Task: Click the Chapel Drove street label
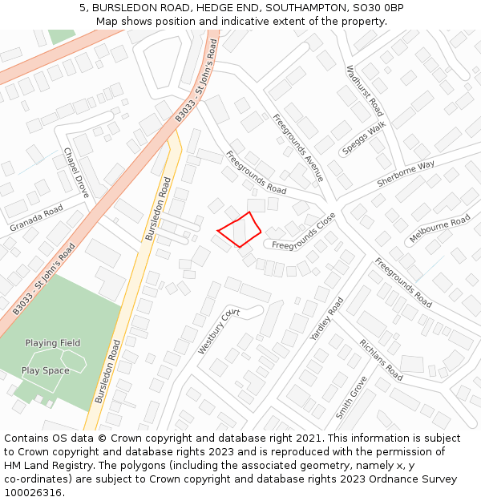pos(76,172)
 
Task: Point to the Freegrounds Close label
pos(304,232)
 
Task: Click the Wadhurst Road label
pos(365,91)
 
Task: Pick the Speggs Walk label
pos(364,138)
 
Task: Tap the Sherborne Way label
pos(406,175)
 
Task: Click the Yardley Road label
pos(326,319)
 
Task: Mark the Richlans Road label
pos(381,359)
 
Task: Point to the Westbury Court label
pos(219,331)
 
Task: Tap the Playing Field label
pos(53,343)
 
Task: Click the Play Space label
pos(45,370)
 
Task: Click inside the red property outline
pos(240,230)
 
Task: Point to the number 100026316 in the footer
pos(32,492)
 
